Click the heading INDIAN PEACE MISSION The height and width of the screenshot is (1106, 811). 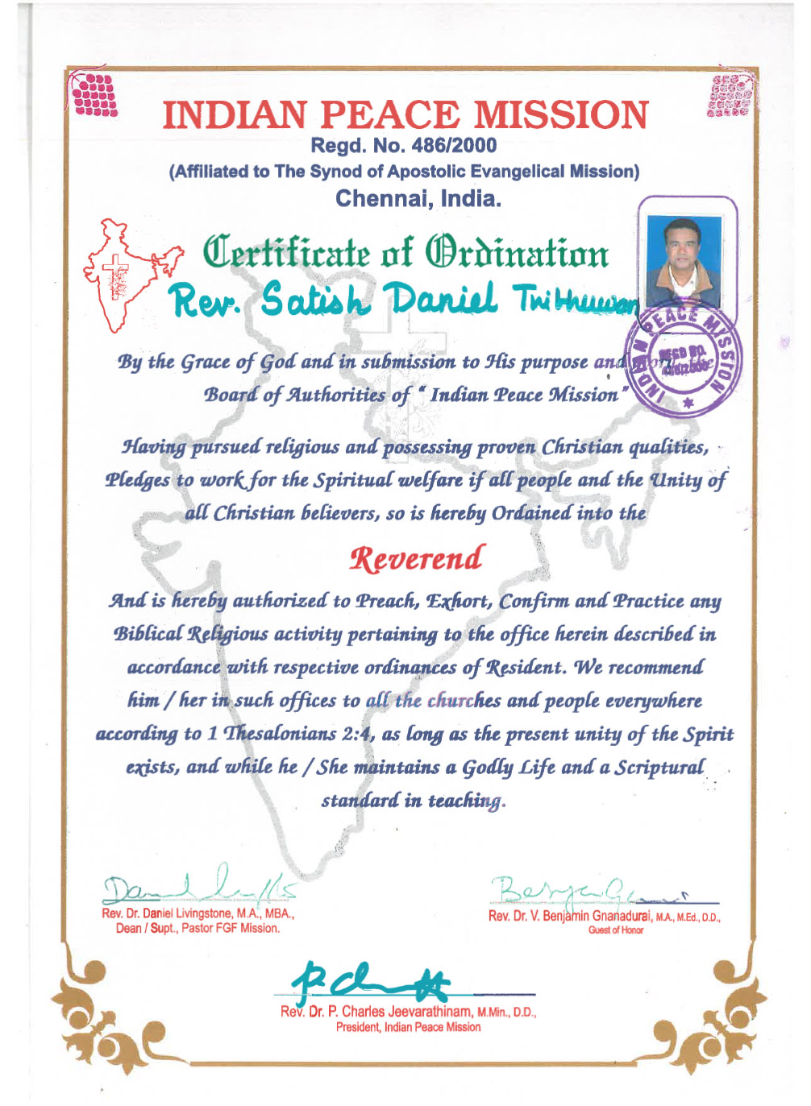tap(405, 115)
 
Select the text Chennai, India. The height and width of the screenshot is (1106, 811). tap(418, 198)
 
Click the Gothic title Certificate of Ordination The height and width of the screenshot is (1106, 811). tap(405, 253)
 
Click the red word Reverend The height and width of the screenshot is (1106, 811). tap(417, 558)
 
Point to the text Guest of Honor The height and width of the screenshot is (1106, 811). tap(615, 930)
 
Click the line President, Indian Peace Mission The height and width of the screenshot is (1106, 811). tap(408, 1027)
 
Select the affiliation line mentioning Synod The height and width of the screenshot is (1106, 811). tap(404, 172)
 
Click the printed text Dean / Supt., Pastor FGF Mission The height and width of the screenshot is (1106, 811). tap(198, 928)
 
